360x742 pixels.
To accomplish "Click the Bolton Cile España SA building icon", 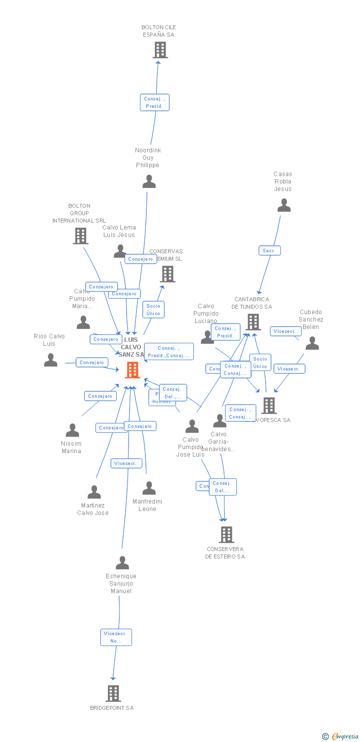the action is click(160, 50).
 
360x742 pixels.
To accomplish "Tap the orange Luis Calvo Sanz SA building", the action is click(132, 370).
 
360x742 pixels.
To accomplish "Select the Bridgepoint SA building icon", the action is click(113, 693).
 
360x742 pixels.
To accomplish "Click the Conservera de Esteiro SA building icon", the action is click(226, 534).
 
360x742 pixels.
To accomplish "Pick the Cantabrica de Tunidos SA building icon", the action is click(253, 322).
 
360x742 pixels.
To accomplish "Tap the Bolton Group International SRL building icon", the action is click(81, 236).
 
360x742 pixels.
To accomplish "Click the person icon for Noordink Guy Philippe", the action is click(149, 182).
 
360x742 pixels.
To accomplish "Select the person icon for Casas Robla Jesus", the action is click(284, 205).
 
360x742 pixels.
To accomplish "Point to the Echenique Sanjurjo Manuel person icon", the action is click(122, 563).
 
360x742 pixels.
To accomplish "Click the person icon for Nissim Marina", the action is click(73, 430).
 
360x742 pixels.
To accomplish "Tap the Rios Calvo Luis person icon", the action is click(50, 360).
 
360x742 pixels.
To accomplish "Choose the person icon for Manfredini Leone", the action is click(149, 488).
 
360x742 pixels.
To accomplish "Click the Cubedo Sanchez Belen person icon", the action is click(312, 343).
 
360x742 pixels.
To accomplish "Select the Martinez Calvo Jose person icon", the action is click(94, 492).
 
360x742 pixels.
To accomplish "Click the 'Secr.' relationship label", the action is click(270, 251).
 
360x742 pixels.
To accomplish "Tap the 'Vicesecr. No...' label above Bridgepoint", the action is click(116, 637).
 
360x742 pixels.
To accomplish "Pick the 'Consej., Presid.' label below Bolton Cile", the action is click(154, 102).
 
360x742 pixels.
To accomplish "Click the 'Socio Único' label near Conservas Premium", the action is click(153, 310).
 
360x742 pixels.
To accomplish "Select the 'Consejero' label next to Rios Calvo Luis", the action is click(91, 363).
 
